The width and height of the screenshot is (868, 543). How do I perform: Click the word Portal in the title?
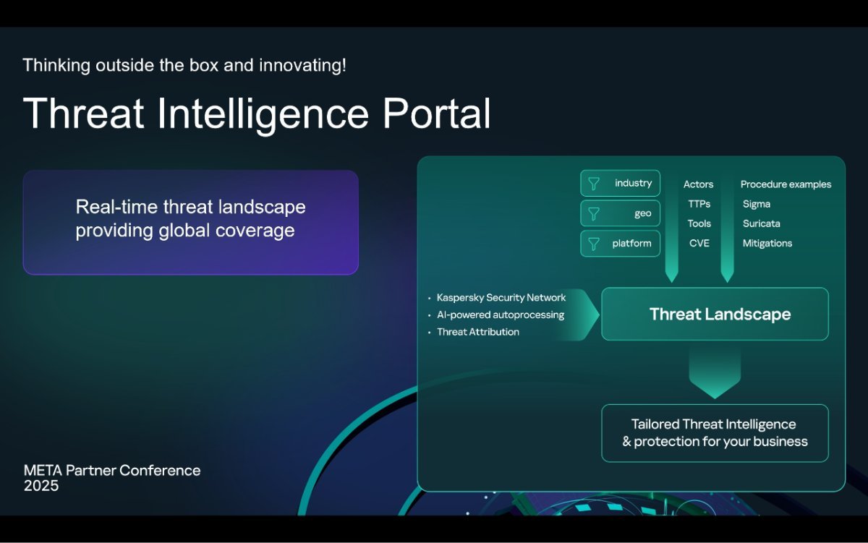click(437, 114)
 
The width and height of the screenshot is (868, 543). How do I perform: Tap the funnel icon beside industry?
click(594, 184)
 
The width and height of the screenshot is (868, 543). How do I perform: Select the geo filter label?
click(643, 214)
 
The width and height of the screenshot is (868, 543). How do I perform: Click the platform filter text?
click(631, 244)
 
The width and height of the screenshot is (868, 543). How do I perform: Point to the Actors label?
click(698, 184)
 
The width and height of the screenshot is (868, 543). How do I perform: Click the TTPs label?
click(699, 204)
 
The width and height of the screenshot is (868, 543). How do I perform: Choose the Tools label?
click(699, 224)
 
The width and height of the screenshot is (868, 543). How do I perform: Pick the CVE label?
click(699, 243)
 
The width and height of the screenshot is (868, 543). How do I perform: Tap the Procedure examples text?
click(786, 184)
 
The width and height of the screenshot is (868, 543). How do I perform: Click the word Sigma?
click(757, 204)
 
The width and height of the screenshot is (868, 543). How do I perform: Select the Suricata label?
click(762, 224)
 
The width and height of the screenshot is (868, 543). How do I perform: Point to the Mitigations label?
click(767, 243)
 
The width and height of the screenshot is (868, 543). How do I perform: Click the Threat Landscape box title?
click(720, 314)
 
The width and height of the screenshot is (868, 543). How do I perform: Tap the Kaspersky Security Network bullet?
click(501, 297)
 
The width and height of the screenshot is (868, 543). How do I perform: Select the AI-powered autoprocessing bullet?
click(501, 315)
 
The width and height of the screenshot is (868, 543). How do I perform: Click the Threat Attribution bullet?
click(478, 332)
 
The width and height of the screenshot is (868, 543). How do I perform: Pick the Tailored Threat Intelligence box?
click(715, 433)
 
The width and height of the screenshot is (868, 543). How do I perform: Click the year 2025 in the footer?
click(41, 486)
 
